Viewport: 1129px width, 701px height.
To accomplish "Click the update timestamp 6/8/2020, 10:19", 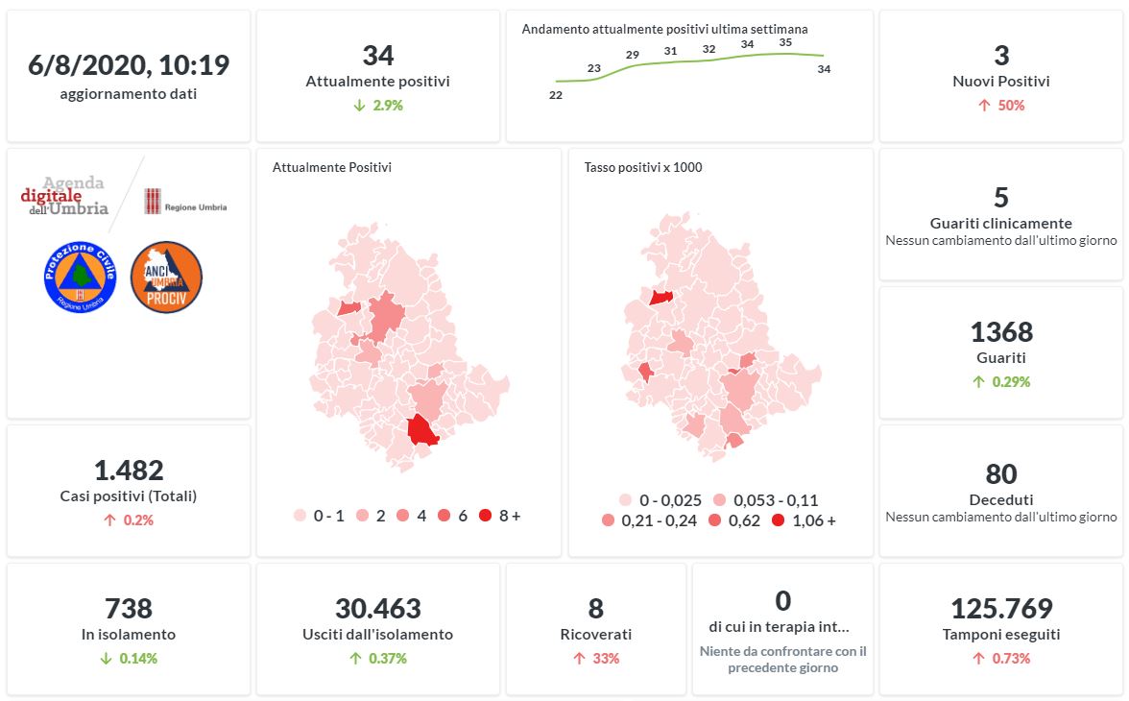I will click(x=129, y=65).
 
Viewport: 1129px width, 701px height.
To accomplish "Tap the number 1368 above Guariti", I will click(x=1001, y=332).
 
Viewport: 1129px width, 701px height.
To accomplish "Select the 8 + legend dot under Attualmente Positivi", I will click(x=485, y=516).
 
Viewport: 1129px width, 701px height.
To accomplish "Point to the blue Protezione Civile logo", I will click(x=80, y=277).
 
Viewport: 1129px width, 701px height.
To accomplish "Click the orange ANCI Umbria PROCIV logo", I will click(x=166, y=277).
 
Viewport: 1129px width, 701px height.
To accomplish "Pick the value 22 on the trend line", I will click(x=555, y=95).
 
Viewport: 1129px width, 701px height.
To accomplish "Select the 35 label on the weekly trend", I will click(x=785, y=42).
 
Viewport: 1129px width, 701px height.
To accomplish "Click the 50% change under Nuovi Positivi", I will click(x=1001, y=106).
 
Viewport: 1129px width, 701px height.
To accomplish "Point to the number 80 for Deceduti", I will click(x=1001, y=474).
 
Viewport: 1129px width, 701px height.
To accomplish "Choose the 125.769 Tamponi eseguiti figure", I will click(x=1001, y=609).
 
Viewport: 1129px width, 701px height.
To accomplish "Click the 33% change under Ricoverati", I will click(x=596, y=659).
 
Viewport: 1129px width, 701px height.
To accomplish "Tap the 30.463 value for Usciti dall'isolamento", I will click(x=378, y=609).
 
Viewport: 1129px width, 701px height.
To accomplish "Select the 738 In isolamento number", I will click(x=129, y=609).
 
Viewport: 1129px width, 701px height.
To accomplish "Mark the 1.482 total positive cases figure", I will click(x=129, y=471).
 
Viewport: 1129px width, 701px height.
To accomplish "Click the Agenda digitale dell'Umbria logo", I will click(x=65, y=195).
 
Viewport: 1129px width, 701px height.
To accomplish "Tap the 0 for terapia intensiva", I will click(x=782, y=601).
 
